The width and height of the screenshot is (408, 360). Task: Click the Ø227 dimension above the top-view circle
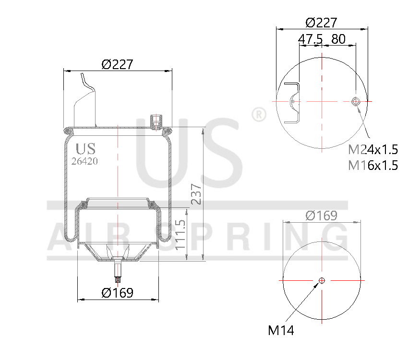coord(322,23)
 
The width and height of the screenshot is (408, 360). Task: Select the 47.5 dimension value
coord(310,39)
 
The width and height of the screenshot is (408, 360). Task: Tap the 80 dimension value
coord(338,39)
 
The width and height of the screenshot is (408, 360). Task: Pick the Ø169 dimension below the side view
coord(117,292)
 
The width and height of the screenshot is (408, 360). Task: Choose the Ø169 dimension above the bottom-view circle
coord(322,216)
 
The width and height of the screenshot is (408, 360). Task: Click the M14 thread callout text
coord(281,330)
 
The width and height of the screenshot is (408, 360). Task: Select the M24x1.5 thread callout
coord(373,149)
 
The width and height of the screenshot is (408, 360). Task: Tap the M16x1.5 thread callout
coord(373,166)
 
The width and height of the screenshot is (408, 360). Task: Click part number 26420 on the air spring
coord(84,161)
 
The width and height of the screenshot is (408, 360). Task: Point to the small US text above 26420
coord(85,148)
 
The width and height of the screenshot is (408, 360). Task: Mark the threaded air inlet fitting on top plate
coord(156,121)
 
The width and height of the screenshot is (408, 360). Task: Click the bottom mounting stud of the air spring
coord(118,274)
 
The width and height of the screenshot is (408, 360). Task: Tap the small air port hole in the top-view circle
coord(356,101)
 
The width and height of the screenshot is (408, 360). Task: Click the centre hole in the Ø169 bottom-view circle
coord(322,280)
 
